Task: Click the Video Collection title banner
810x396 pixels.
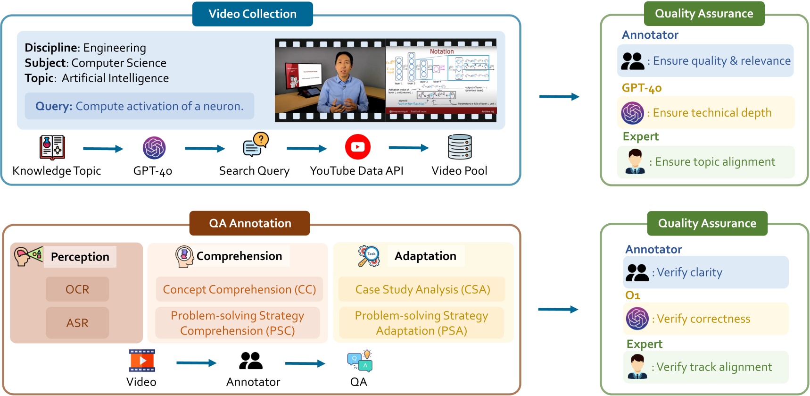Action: click(252, 14)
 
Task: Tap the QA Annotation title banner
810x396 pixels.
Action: click(249, 223)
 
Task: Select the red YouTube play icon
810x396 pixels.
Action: click(357, 147)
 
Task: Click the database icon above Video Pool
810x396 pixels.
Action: click(460, 147)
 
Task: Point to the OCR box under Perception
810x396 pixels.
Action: click(77, 289)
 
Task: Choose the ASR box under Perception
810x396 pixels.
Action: click(77, 323)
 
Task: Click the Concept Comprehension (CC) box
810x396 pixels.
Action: click(239, 289)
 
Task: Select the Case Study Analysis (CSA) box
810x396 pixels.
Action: click(422, 289)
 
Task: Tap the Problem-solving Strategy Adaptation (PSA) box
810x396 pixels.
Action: click(421, 323)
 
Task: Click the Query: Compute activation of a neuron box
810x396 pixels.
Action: click(140, 106)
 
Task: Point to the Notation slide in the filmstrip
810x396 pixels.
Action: click(441, 80)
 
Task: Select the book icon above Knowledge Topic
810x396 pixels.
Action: click(52, 147)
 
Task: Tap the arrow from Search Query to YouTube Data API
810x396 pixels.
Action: click(306, 149)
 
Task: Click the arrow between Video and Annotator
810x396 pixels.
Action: click(196, 363)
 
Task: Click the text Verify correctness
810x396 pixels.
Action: click(703, 319)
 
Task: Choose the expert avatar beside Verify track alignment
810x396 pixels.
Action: click(637, 367)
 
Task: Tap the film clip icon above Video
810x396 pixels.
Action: click(142, 361)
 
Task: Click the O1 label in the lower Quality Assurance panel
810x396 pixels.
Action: click(632, 295)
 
